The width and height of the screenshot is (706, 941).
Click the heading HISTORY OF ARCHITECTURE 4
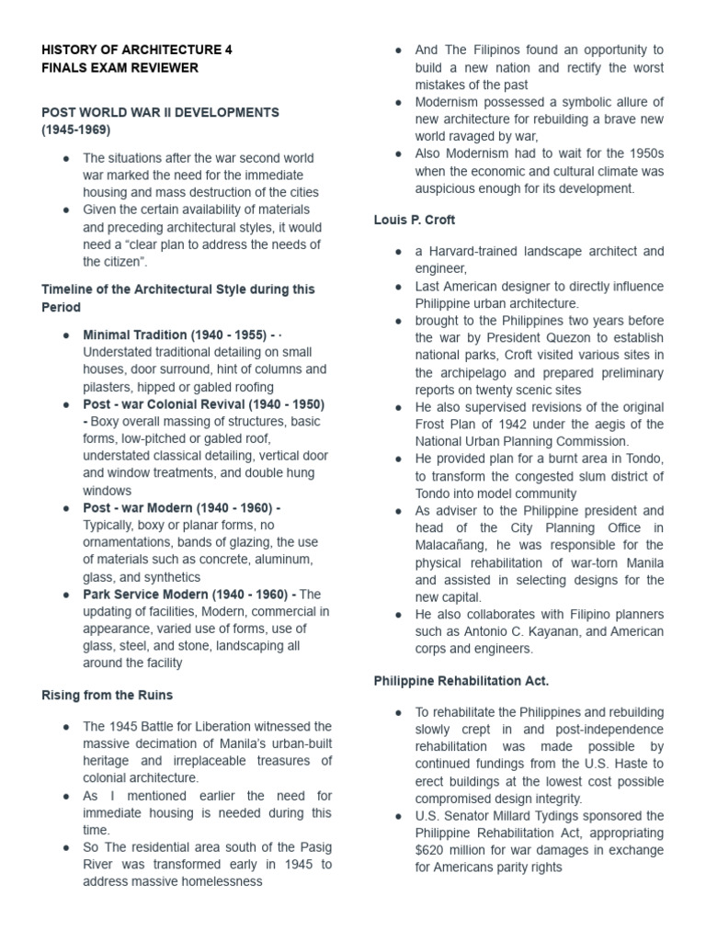137,50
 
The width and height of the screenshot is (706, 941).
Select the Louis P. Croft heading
414,220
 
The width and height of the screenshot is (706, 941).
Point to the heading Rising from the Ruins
107,695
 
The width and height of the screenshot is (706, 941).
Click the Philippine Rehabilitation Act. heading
461,681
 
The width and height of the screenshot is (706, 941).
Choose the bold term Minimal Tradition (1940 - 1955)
175,334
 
